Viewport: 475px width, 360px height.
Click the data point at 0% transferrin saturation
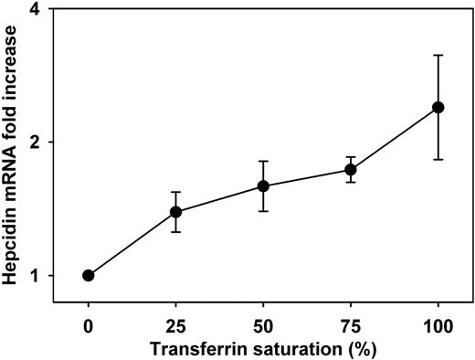88,275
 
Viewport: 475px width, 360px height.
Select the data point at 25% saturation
175,212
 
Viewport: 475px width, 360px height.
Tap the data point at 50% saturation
263,186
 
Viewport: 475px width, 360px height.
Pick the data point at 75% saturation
350,170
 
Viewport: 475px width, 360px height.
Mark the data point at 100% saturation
438,108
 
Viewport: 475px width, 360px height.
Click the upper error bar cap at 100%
438,56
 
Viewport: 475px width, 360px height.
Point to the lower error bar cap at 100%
438,160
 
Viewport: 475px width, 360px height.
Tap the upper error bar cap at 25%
175,192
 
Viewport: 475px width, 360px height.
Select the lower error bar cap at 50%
263,211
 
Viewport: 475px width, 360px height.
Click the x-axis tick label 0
88,323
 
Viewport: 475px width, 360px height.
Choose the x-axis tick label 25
175,323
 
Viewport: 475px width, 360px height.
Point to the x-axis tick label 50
263,323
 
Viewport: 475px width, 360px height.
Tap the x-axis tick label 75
350,323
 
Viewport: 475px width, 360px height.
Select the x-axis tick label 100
438,323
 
